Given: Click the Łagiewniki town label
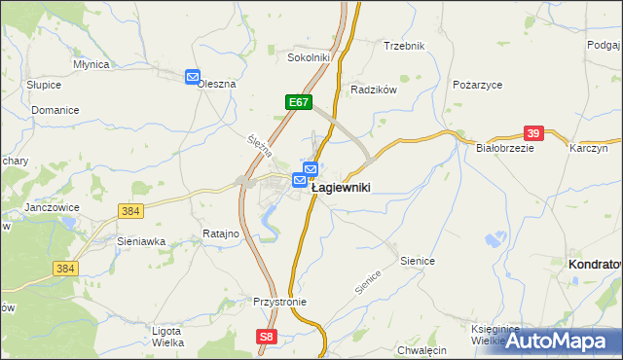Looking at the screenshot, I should click(x=340, y=188).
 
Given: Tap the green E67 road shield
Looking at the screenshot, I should click(x=299, y=101).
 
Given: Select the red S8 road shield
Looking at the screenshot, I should click(x=268, y=337).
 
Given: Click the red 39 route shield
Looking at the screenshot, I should click(x=533, y=133).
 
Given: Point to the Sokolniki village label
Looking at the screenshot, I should click(x=310, y=58).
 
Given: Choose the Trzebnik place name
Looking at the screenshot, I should click(x=404, y=47).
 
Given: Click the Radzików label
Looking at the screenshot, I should click(x=374, y=90).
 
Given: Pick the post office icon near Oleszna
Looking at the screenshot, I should click(x=193, y=77).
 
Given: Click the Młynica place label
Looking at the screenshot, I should click(x=92, y=64).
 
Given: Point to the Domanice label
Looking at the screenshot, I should click(x=55, y=111).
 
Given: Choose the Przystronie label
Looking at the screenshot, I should click(x=279, y=302).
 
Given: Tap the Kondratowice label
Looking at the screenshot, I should click(x=595, y=265).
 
